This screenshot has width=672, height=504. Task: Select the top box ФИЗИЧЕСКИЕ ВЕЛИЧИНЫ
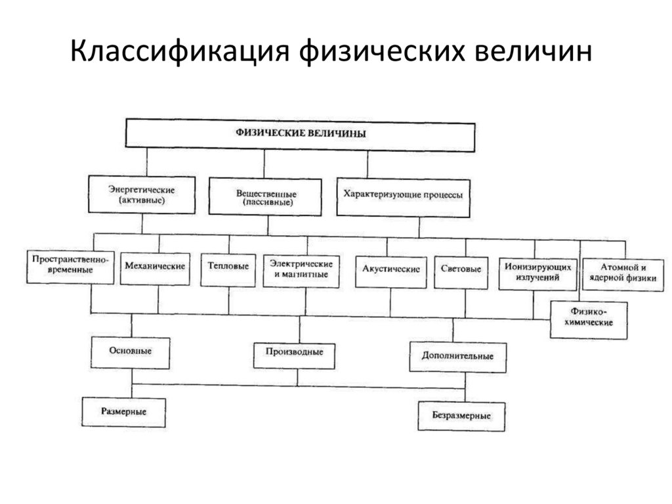[x=300, y=134]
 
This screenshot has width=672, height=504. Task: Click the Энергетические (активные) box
[x=142, y=195]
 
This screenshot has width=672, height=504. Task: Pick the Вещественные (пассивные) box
[x=266, y=197]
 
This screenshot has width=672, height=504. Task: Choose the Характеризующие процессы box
[x=403, y=196]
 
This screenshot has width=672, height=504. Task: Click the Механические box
[x=155, y=267]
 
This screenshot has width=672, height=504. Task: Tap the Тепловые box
[x=228, y=267]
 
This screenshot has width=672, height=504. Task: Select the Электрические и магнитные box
[x=302, y=269]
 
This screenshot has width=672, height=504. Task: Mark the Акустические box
[x=390, y=269]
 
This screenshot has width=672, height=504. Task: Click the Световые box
[x=461, y=269]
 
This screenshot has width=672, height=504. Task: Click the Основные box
[x=131, y=352]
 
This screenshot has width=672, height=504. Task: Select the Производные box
[x=294, y=353]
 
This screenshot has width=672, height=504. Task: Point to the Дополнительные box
[x=457, y=357]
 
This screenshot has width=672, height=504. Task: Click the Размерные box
[x=123, y=412]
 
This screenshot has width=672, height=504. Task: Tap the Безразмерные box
[x=461, y=416]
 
